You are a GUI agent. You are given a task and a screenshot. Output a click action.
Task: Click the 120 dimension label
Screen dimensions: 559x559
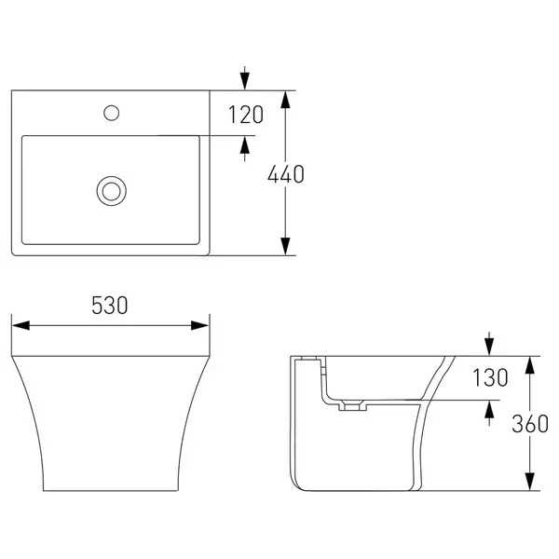pos(246,115)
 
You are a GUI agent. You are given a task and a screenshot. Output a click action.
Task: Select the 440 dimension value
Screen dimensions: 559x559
pos(286,174)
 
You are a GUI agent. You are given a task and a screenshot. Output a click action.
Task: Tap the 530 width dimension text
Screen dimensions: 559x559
pos(109,306)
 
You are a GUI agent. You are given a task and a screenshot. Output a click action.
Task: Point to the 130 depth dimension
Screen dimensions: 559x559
pos(490,377)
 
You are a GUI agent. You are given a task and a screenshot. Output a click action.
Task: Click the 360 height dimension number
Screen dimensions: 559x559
pos(530,424)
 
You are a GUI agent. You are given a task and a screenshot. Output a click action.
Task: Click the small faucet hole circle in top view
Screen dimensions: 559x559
pos(111,113)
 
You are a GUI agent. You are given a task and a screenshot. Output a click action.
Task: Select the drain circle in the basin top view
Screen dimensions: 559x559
pos(112,191)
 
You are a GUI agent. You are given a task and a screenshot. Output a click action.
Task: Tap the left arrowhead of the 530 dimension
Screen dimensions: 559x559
pos(20,325)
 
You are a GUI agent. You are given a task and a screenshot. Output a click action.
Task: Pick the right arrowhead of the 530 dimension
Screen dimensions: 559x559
pos(199,325)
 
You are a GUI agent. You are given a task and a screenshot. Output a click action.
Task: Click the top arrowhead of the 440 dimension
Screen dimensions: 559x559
pos(285,100)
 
